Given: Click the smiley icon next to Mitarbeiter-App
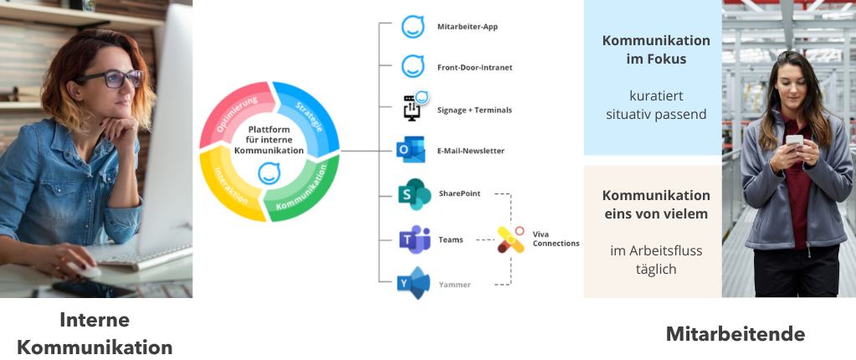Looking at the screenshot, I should pos(413,27).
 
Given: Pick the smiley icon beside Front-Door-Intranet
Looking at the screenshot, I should pos(413,66).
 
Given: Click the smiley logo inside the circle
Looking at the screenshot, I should pos(269,174).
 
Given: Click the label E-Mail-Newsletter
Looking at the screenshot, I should pos(470,152).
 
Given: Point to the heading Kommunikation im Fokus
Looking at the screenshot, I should pos(656,49).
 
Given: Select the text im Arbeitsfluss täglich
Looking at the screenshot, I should pos(655,259).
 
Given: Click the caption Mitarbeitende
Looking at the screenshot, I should pos(735,334).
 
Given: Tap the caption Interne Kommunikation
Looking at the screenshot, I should pos(95,333).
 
